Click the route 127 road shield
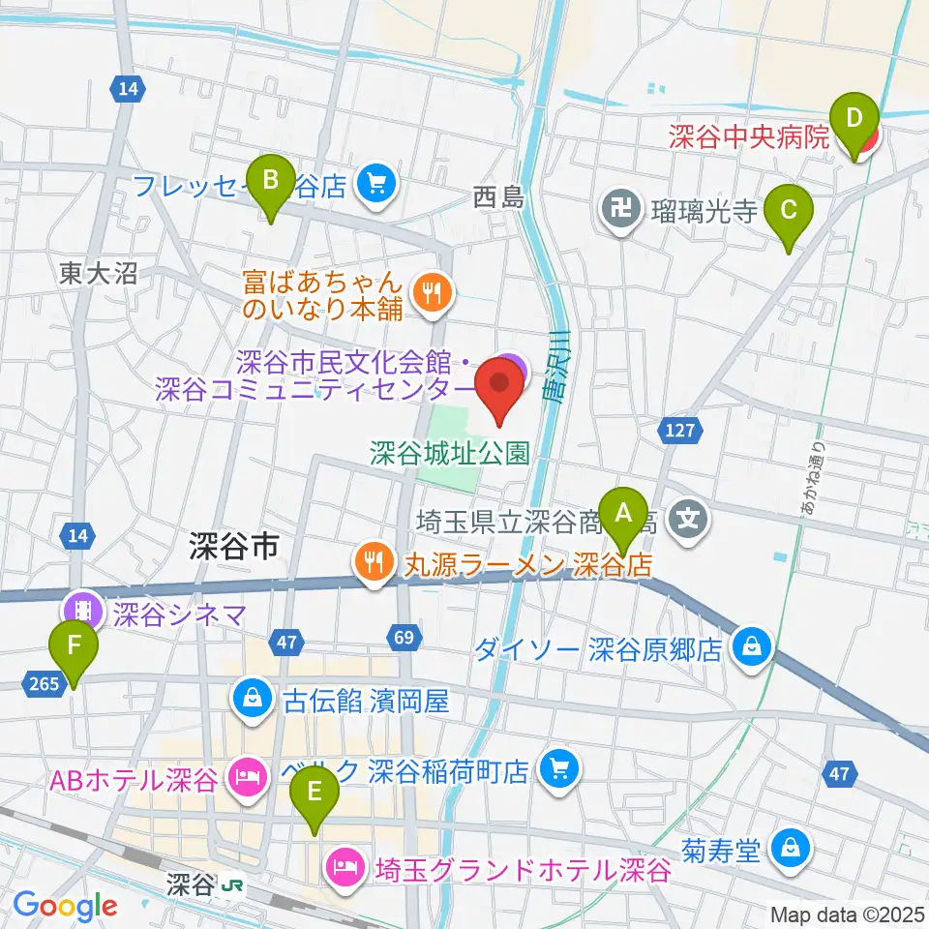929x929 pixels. [x=681, y=430]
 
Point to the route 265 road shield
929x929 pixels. [x=45, y=683]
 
